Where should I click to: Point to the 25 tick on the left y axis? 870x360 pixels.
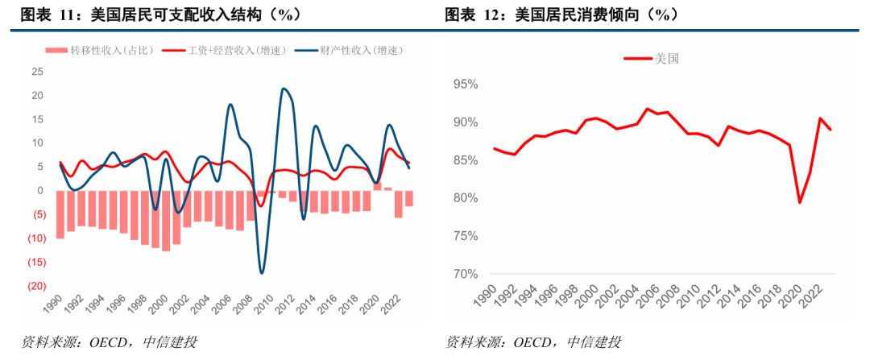[x=37, y=72]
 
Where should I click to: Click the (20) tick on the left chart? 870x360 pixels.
[x=35, y=286]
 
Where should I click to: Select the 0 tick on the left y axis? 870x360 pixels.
[x=39, y=191]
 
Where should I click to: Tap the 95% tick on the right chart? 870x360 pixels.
[x=465, y=85]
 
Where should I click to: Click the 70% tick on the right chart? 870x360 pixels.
[x=465, y=274]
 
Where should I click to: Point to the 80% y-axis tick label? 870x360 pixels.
[x=465, y=198]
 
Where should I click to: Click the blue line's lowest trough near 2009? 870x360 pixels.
[x=261, y=273]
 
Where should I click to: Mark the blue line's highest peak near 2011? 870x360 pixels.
[x=284, y=89]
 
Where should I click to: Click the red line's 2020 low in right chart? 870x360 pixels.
[x=799, y=202]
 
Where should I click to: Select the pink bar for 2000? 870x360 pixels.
[x=166, y=221]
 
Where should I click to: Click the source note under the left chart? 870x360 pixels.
[x=109, y=342]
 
